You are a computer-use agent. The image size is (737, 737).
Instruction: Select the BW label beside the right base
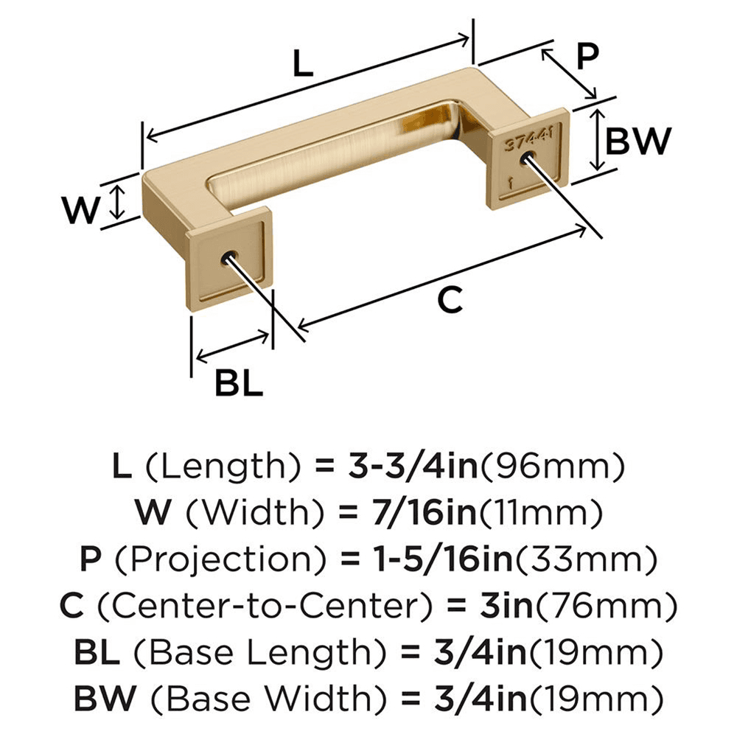tap(638, 141)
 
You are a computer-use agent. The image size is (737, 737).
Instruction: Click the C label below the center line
tap(449, 300)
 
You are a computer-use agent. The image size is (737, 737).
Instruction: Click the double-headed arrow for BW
tap(598, 140)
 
